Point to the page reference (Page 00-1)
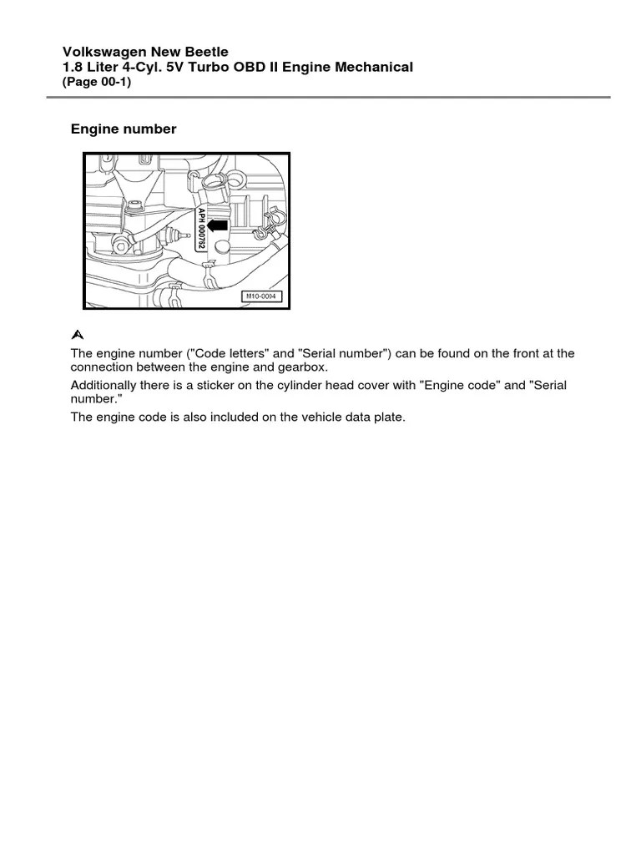pyautogui.click(x=97, y=82)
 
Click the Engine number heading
pyautogui.click(x=124, y=129)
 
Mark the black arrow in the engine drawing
pyautogui.click(x=218, y=224)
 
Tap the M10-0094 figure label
pyautogui.click(x=262, y=296)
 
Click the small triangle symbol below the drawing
pyautogui.click(x=78, y=335)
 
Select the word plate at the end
pyautogui.click(x=388, y=417)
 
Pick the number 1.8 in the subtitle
pyautogui.click(x=73, y=67)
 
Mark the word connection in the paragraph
pyautogui.click(x=103, y=368)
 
